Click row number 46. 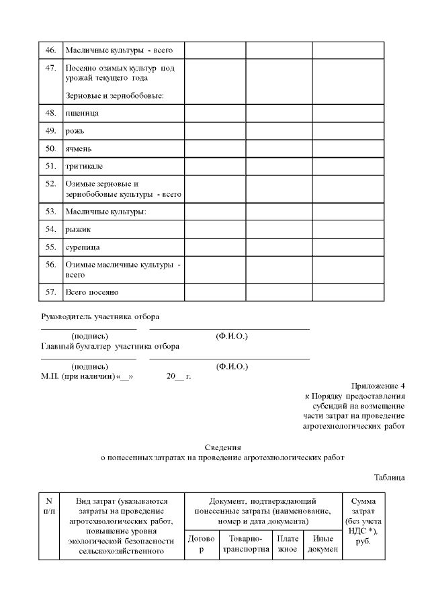(50, 50)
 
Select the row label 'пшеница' (82, 113)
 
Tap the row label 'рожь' (75, 130)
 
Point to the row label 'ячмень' (79, 148)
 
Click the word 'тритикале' (84, 165)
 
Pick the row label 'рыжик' (78, 229)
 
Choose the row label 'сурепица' (83, 247)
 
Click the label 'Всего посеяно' (91, 292)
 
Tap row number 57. (50, 292)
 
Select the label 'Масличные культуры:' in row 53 (105, 212)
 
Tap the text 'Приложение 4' (378, 386)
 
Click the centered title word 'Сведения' (222, 447)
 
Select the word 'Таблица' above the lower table (389, 478)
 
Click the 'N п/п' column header (48, 506)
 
